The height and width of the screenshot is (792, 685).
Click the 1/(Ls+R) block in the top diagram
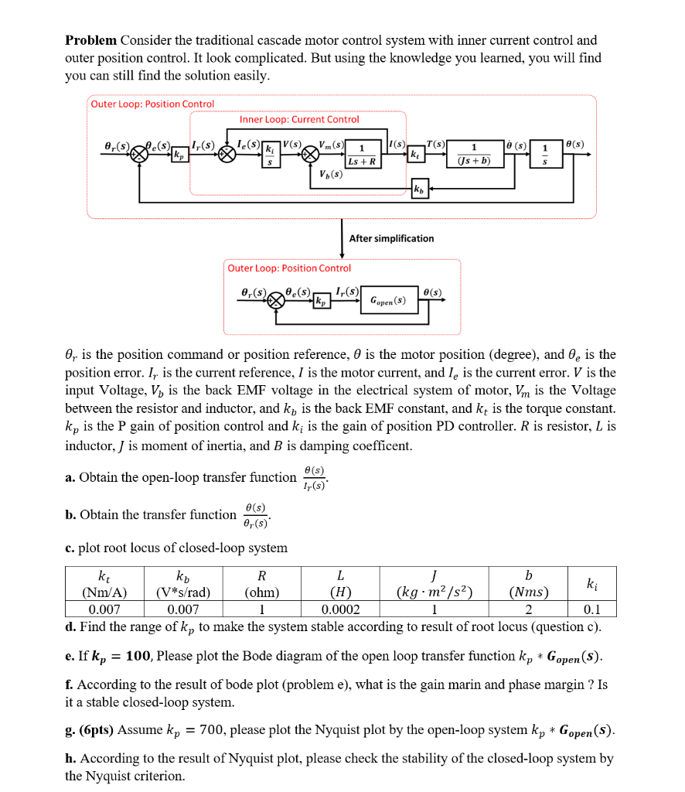click(x=362, y=155)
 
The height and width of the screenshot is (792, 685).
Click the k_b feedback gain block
click(x=418, y=189)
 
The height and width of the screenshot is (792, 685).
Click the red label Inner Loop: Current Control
click(x=299, y=119)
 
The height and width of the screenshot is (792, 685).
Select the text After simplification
click(x=391, y=238)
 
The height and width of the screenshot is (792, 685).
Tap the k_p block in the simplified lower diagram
click(x=320, y=301)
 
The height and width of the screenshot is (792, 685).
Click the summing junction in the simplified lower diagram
click(x=276, y=301)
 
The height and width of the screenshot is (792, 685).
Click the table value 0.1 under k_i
click(x=591, y=609)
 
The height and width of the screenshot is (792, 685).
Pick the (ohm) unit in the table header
click(x=261, y=593)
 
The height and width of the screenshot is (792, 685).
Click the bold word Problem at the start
click(x=90, y=40)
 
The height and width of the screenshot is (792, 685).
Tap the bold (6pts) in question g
click(x=97, y=730)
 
